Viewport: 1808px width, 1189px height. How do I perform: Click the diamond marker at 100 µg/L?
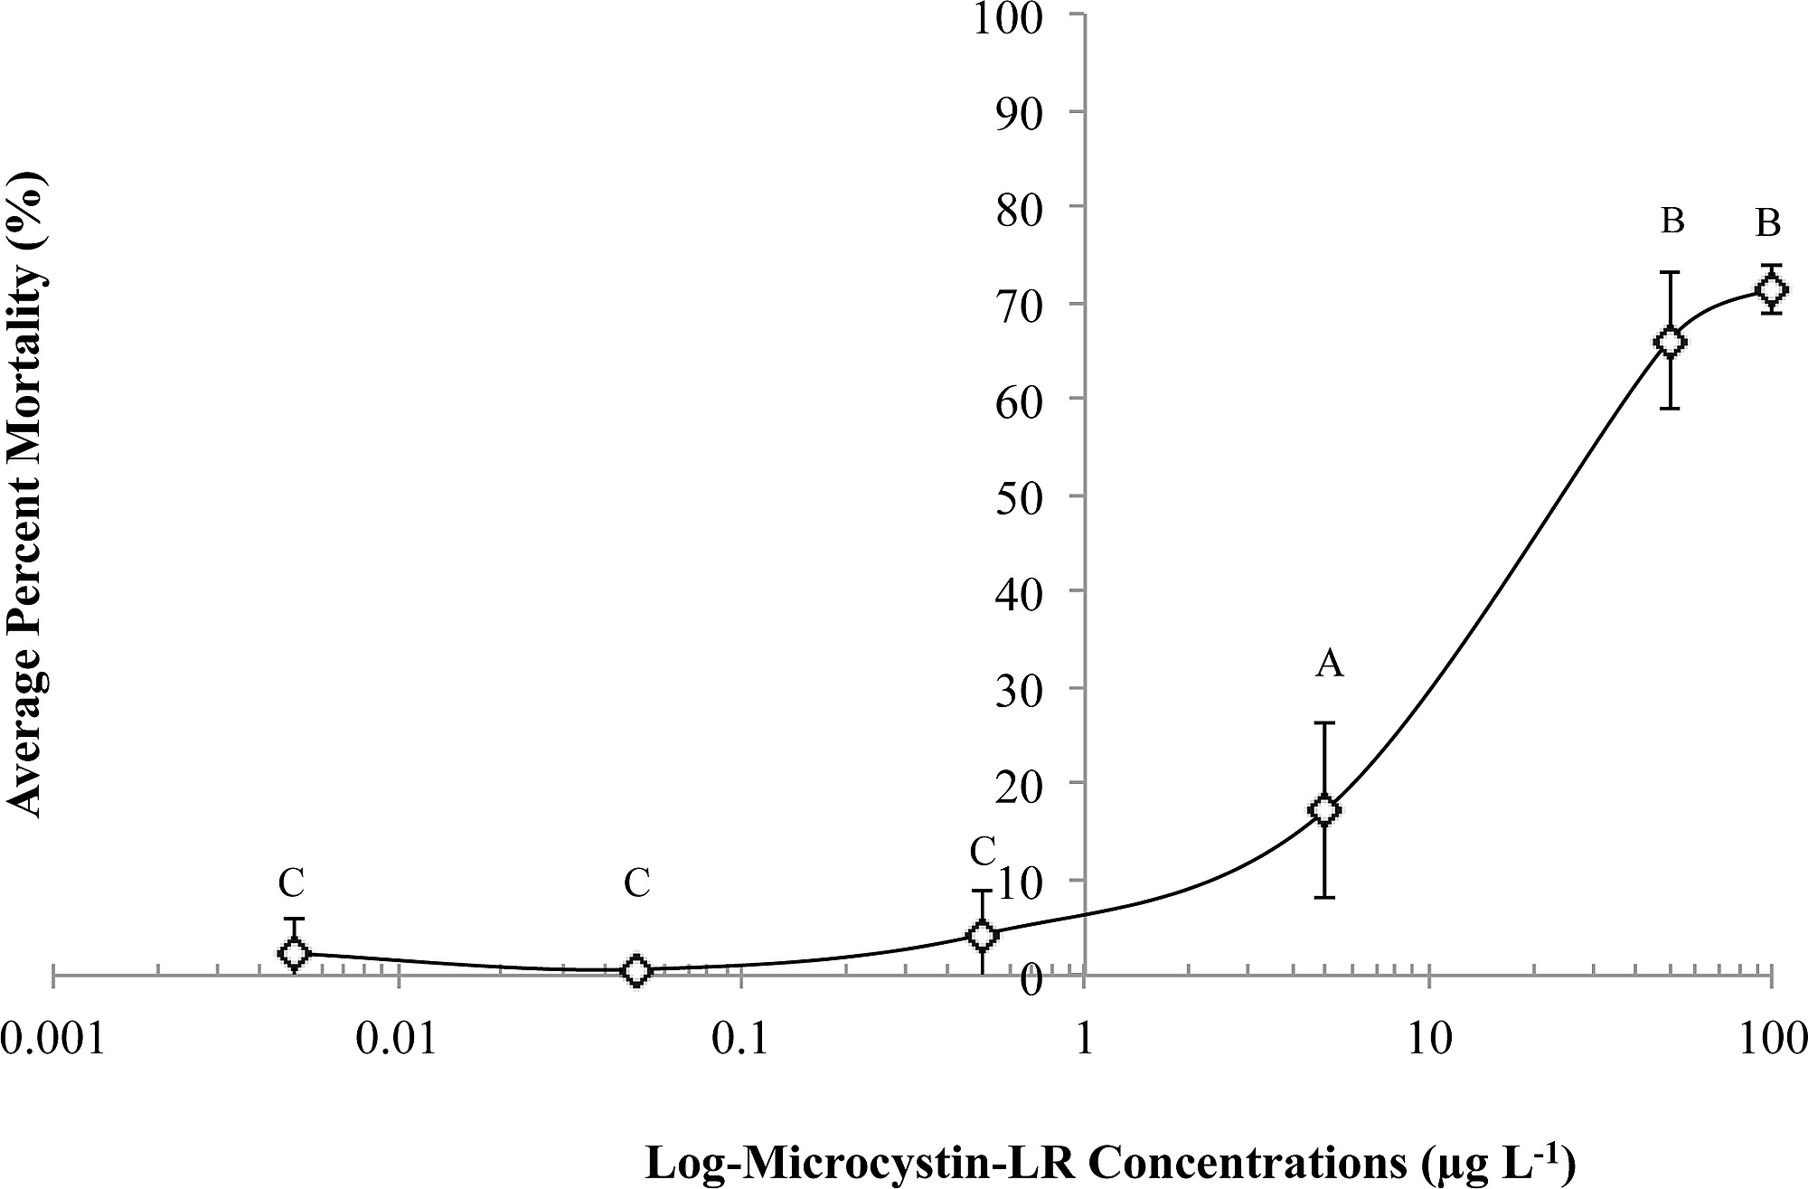point(1771,289)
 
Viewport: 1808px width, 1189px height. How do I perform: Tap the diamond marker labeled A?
point(1325,810)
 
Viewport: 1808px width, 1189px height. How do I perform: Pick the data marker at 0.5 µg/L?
point(982,935)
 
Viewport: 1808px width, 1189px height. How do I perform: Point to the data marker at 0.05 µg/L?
point(637,970)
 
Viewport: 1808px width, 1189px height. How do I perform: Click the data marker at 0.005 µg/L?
point(293,952)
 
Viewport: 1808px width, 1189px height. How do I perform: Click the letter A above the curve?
point(1329,665)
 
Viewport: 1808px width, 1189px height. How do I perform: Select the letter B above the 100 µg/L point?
point(1768,222)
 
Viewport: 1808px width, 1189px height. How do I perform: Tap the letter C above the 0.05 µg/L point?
point(637,883)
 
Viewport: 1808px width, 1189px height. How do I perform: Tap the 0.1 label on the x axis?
point(741,1039)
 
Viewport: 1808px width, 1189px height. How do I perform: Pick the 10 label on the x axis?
point(1428,1039)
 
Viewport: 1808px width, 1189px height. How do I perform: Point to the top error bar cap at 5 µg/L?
point(1325,722)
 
